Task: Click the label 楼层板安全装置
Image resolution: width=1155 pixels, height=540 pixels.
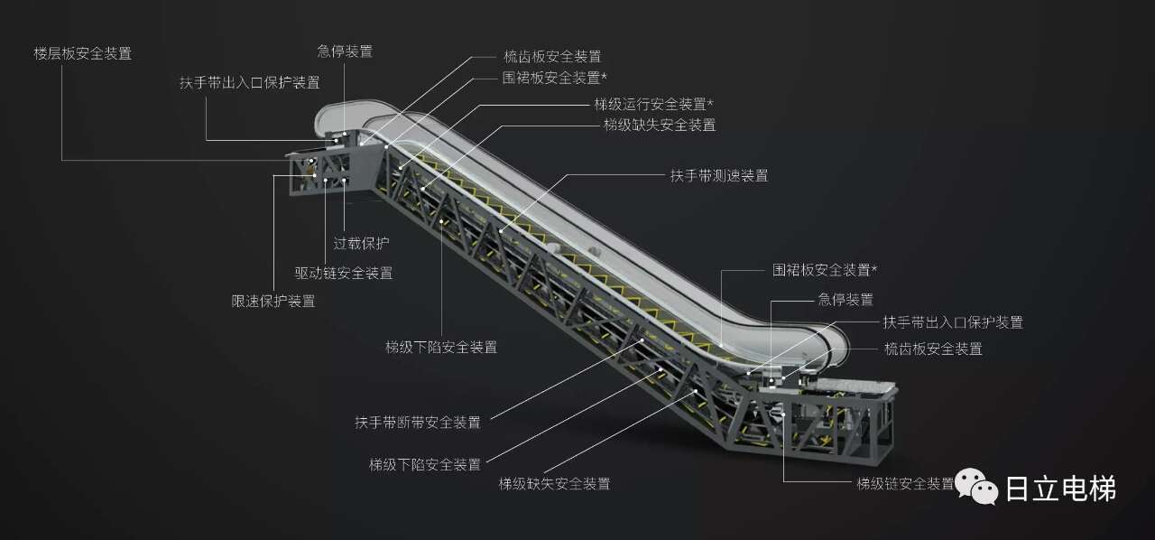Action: click(x=82, y=53)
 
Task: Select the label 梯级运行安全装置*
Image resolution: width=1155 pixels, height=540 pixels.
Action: click(x=653, y=104)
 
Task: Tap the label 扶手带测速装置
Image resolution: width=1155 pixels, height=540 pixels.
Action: click(x=718, y=176)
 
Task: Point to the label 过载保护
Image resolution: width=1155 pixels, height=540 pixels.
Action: click(x=361, y=243)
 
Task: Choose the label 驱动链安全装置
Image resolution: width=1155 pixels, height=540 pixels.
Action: click(x=343, y=273)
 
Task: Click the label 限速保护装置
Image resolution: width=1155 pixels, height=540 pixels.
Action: click(x=273, y=302)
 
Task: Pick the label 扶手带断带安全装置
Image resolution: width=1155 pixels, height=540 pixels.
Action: click(x=418, y=422)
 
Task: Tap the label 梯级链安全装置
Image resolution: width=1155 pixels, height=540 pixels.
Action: click(x=905, y=483)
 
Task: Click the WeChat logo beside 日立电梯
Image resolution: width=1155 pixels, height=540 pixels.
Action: click(x=977, y=488)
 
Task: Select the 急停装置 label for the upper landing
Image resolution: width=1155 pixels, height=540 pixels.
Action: click(x=345, y=51)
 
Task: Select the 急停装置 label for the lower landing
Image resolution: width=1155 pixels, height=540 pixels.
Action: click(x=845, y=300)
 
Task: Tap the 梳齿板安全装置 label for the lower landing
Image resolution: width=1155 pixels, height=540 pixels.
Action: click(x=933, y=349)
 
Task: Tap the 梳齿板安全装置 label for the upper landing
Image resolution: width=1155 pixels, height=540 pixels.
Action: click(x=552, y=56)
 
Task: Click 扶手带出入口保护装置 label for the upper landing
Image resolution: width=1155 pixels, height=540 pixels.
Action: click(x=249, y=82)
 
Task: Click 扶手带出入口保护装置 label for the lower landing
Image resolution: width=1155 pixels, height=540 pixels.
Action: click(x=953, y=322)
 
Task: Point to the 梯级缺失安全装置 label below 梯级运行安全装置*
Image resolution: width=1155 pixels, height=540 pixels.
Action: click(x=660, y=126)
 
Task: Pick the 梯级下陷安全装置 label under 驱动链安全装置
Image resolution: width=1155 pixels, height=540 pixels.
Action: click(x=440, y=347)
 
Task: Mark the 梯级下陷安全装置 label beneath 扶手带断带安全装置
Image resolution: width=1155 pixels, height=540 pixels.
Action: click(x=424, y=464)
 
